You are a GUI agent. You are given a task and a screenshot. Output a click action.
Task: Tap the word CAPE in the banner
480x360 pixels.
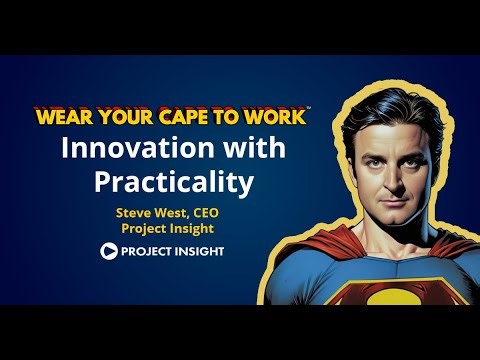(206, 115)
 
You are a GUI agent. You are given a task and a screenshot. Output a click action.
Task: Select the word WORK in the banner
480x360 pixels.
(281, 115)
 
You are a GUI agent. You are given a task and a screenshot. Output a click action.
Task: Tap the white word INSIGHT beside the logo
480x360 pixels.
(194, 251)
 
